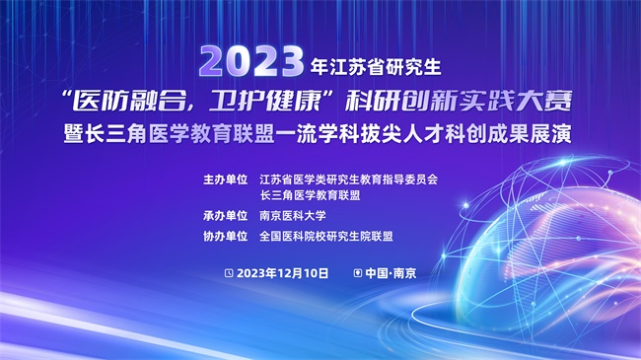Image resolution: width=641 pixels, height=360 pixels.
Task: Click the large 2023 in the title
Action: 251,62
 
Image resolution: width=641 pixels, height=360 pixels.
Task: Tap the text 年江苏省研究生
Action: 376,67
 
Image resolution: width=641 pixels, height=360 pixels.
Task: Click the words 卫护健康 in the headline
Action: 264,100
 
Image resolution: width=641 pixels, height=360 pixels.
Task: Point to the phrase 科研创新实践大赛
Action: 459,100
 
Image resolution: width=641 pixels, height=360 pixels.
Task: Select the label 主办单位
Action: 226,180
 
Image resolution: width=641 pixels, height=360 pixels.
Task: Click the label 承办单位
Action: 226,216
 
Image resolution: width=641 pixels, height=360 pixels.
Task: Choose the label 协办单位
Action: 226,236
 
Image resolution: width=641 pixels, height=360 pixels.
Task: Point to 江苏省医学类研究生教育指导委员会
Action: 349,180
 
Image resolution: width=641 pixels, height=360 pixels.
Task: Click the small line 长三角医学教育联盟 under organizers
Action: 311,195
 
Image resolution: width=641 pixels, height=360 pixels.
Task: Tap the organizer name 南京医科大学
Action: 293,216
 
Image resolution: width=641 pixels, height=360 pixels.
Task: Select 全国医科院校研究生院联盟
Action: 326,236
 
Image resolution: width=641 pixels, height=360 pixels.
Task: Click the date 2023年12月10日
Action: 282,273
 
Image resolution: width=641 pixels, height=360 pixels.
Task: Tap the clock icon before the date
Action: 229,273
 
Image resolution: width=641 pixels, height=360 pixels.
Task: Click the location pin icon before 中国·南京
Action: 358,273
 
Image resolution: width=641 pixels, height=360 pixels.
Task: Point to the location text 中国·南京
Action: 391,273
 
